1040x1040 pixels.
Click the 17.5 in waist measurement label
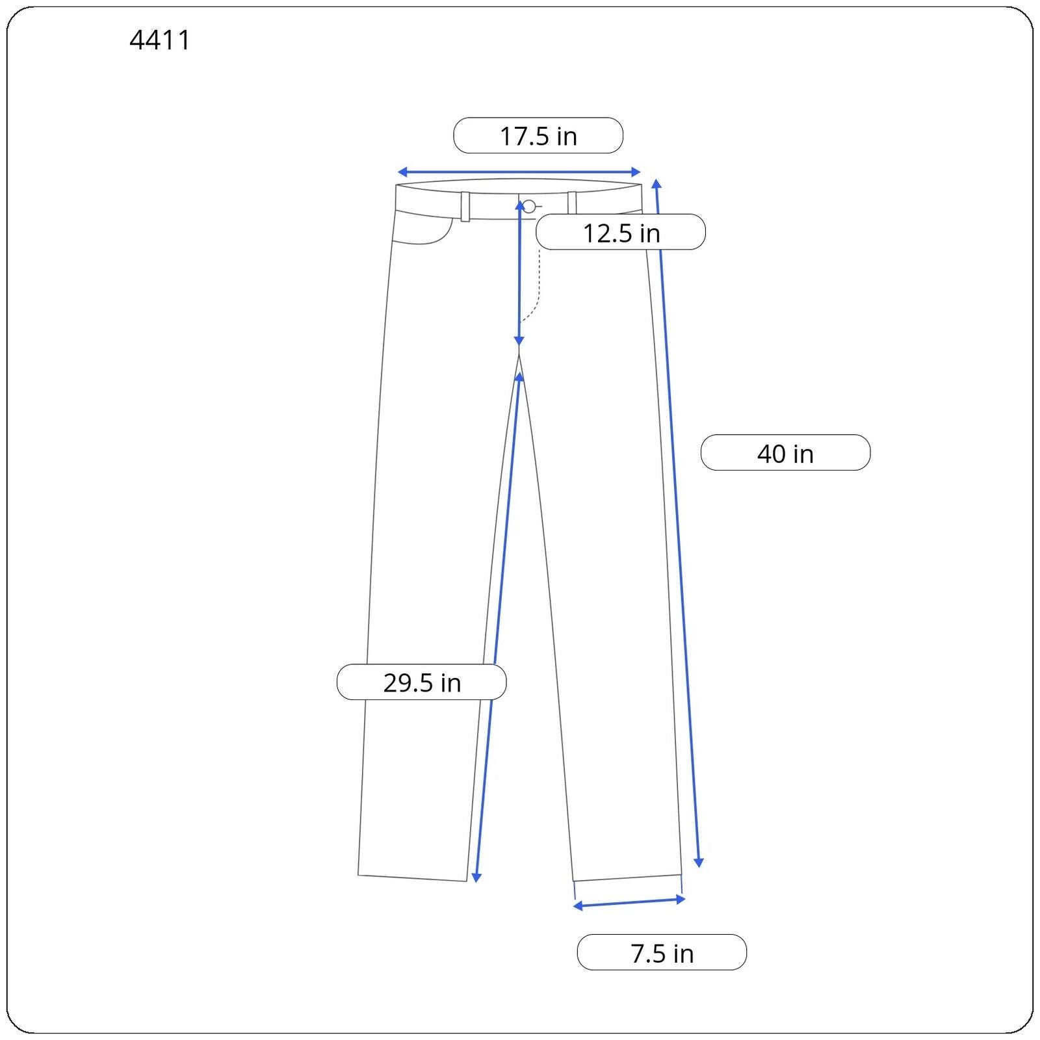538,136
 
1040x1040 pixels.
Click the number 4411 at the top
160,40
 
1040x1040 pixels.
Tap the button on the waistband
529,207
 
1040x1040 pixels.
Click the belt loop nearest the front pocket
465,207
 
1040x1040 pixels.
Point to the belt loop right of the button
572,203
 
